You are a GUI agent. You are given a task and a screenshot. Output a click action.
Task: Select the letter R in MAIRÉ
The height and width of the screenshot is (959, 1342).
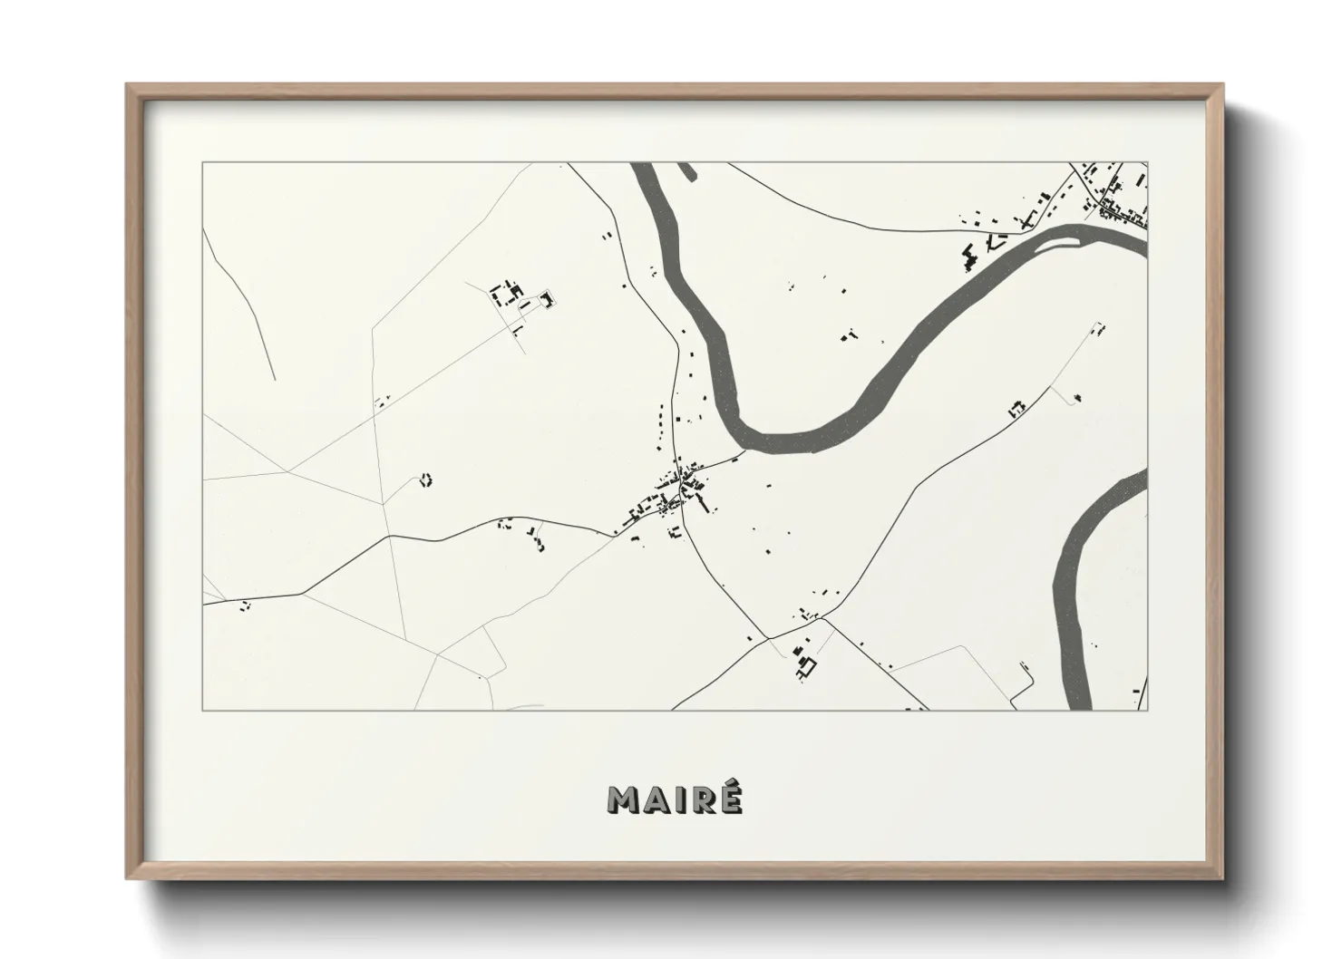pyautogui.click(x=704, y=799)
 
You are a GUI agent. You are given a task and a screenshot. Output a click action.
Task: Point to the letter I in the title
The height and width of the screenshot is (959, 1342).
pyautogui.click(x=682, y=799)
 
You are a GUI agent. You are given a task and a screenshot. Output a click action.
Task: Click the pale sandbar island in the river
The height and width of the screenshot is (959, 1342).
pyautogui.click(x=1073, y=238)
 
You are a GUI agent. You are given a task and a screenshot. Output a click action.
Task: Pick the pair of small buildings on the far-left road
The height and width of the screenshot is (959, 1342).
pyautogui.click(x=244, y=605)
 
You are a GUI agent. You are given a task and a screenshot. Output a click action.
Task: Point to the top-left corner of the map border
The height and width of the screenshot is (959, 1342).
pyautogui.click(x=203, y=163)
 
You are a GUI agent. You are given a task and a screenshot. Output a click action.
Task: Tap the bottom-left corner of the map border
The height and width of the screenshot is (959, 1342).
pyautogui.click(x=203, y=710)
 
